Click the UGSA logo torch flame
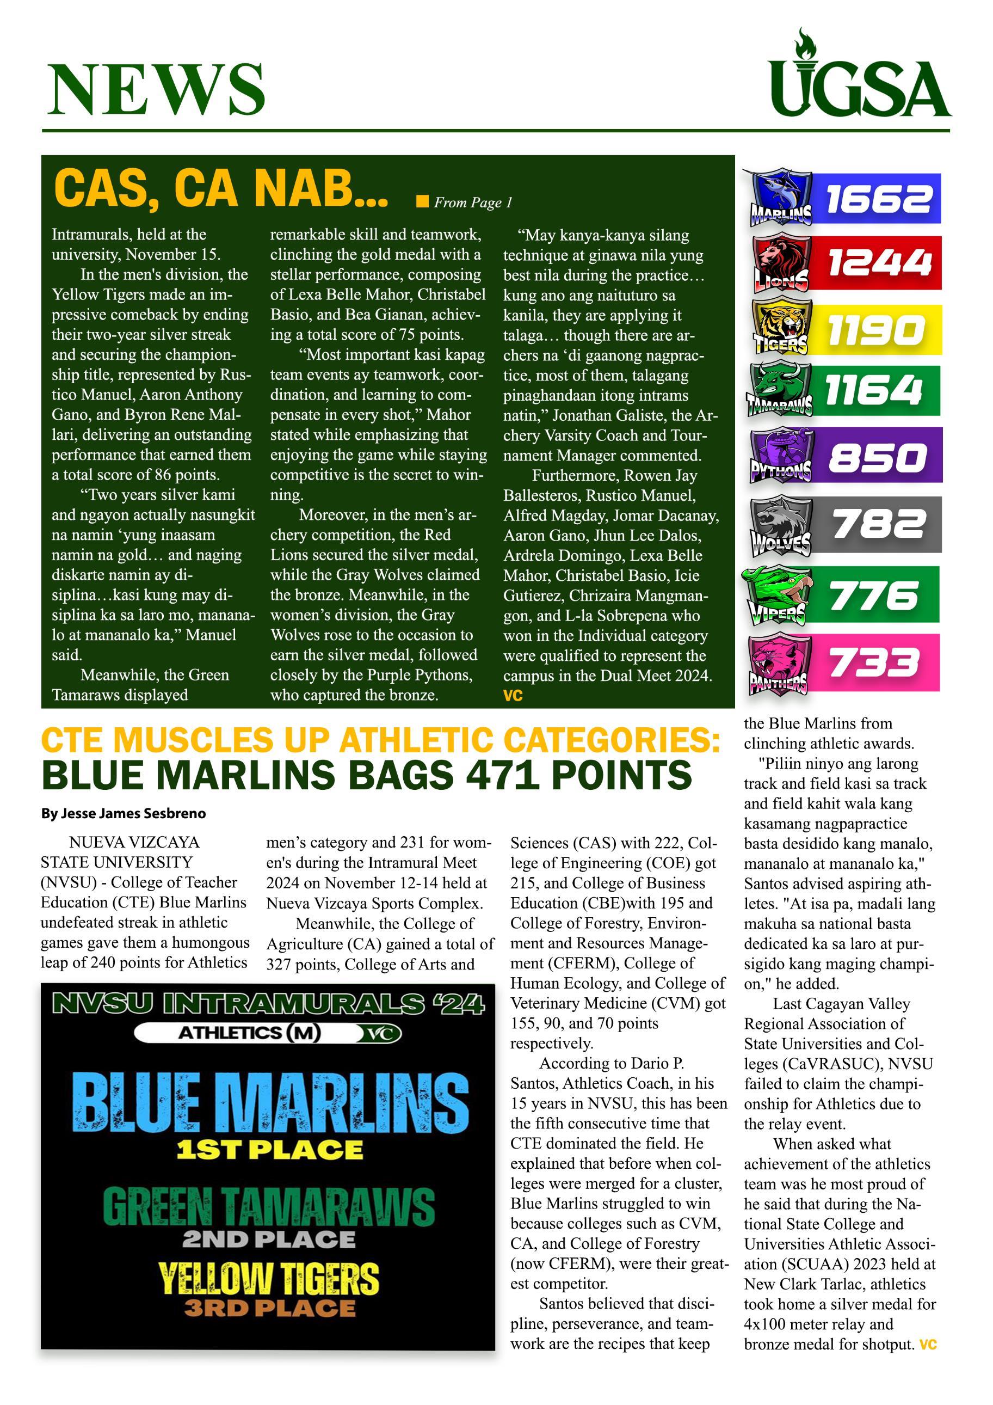point(802,41)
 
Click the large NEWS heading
point(156,89)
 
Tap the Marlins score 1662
point(879,199)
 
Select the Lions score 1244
point(879,262)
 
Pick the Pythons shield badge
point(781,455)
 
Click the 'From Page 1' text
point(473,203)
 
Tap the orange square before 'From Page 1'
point(422,202)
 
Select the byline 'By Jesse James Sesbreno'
point(124,814)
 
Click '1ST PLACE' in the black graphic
point(269,1150)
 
